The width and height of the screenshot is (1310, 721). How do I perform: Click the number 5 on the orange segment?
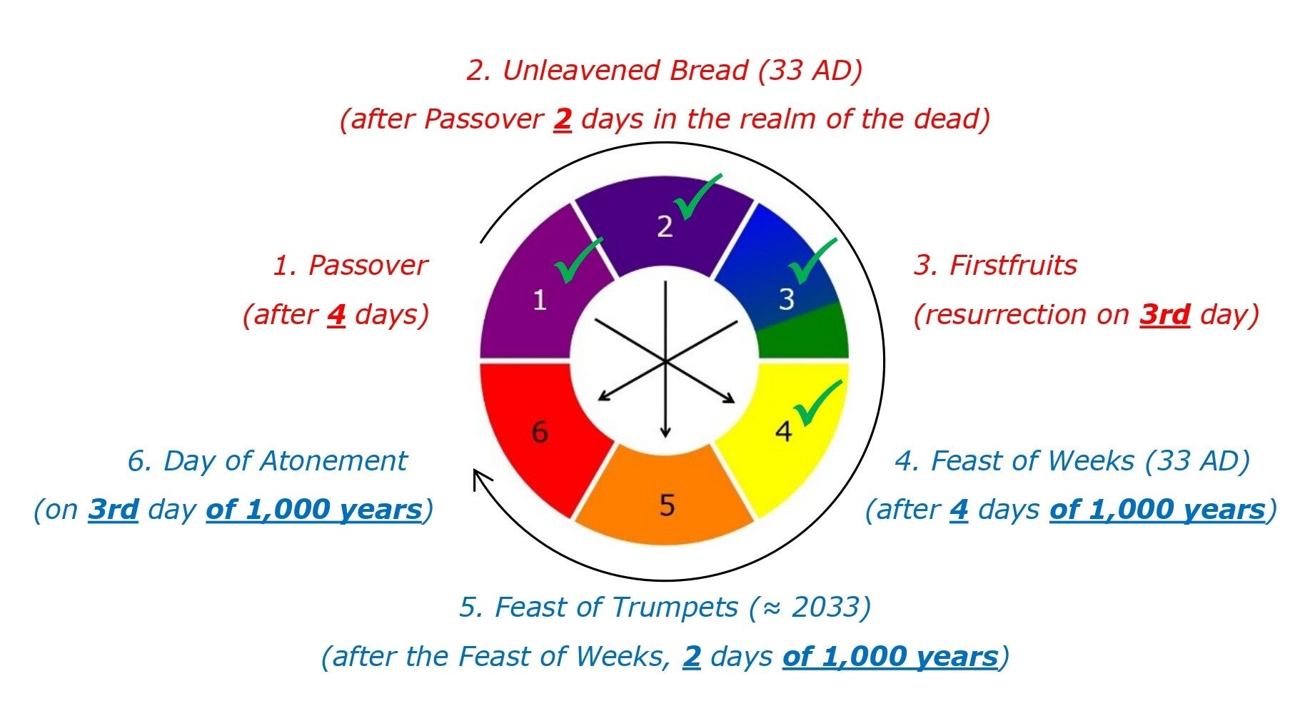667,505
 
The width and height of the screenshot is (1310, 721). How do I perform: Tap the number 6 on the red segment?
540,432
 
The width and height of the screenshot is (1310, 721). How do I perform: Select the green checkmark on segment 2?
697,196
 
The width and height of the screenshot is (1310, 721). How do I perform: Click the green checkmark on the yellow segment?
818,403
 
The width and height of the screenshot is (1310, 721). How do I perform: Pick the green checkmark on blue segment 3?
812,261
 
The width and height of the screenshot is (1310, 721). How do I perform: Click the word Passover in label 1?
367,266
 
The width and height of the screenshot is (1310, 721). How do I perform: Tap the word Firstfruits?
1013,266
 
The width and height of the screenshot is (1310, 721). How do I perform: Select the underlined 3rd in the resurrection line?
1164,314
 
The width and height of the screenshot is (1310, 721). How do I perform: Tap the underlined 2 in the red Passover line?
563,119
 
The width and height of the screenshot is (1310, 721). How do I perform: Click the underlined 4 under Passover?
336,315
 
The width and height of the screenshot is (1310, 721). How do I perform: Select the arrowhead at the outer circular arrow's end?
482,478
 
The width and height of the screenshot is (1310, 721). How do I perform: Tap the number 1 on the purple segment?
540,300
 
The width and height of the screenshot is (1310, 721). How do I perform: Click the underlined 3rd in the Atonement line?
113,510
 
